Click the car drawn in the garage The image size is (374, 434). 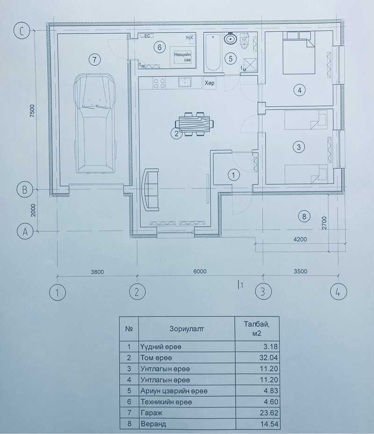click(94, 123)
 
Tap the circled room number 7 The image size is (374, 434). click(94, 59)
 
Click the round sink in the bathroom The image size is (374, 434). click(230, 39)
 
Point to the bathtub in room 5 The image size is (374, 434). click(213, 53)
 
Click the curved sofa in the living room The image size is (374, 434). click(150, 190)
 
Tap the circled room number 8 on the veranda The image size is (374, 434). click(304, 216)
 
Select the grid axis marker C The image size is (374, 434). click(22, 31)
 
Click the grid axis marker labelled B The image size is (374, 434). click(24, 190)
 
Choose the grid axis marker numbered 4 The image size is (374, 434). click(338, 292)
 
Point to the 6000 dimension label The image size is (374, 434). click(200, 271)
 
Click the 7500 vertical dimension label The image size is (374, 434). click(33, 111)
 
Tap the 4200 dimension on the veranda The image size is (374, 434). click(300, 239)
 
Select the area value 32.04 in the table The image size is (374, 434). click(268, 357)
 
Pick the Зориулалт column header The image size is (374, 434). click(187, 329)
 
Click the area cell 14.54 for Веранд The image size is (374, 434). click(269, 424)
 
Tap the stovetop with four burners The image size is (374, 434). click(159, 83)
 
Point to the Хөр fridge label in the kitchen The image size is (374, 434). click(209, 83)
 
